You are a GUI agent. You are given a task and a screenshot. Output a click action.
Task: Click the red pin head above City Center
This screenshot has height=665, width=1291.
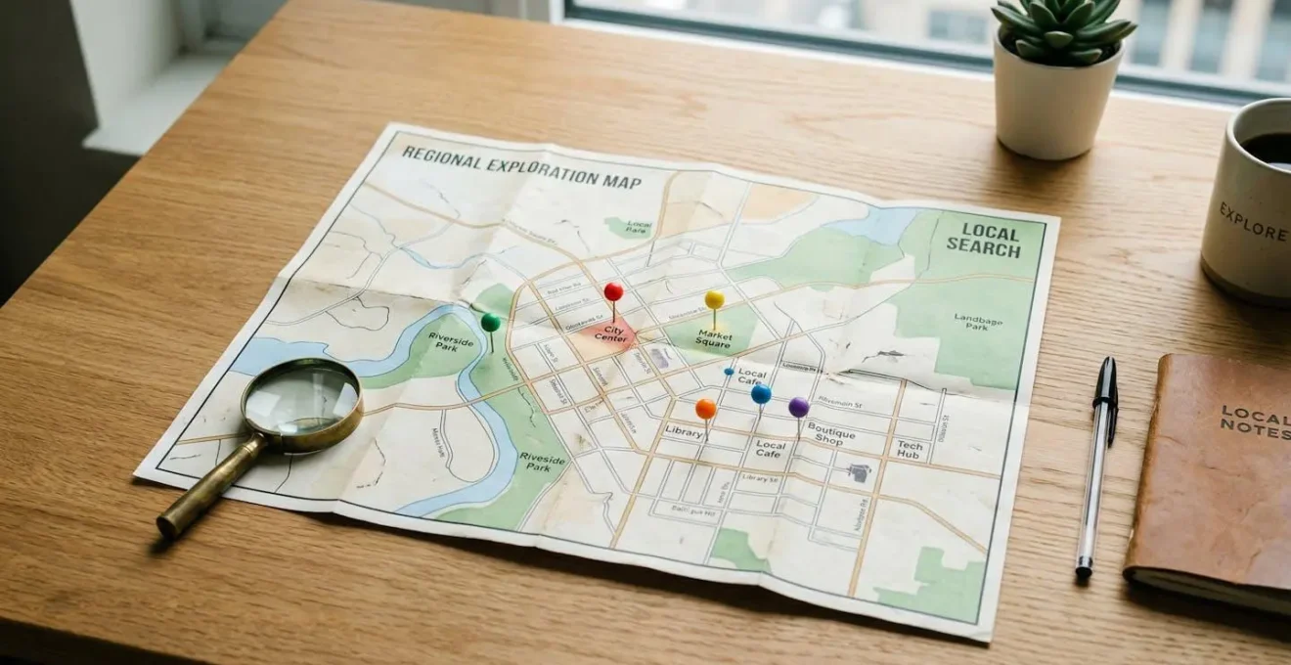point(613,290)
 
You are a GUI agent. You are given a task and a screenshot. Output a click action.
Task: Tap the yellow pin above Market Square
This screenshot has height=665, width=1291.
point(715,298)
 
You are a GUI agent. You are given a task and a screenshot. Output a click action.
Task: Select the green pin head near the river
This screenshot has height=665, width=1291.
point(490,321)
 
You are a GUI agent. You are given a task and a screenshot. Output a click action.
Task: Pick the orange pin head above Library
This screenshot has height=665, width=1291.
point(705,408)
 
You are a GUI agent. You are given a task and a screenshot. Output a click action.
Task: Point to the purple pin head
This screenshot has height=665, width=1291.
point(799,406)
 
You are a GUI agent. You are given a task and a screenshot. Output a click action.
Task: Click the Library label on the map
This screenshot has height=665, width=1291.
point(684,431)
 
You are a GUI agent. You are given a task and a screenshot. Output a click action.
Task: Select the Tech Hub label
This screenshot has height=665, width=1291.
point(910,450)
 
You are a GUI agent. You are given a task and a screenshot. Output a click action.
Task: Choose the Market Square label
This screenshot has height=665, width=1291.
point(714,339)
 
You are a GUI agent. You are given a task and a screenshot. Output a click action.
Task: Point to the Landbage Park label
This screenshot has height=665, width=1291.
point(977,324)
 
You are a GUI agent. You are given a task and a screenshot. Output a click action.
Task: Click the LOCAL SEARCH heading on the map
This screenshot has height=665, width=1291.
point(985,241)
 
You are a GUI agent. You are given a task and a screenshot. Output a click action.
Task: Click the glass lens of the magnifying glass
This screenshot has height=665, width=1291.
point(301,397)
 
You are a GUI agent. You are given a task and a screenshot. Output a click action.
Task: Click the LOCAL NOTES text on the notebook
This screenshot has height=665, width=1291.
point(1255,421)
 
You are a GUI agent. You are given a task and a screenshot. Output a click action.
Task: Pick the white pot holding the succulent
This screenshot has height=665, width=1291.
point(1056,108)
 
